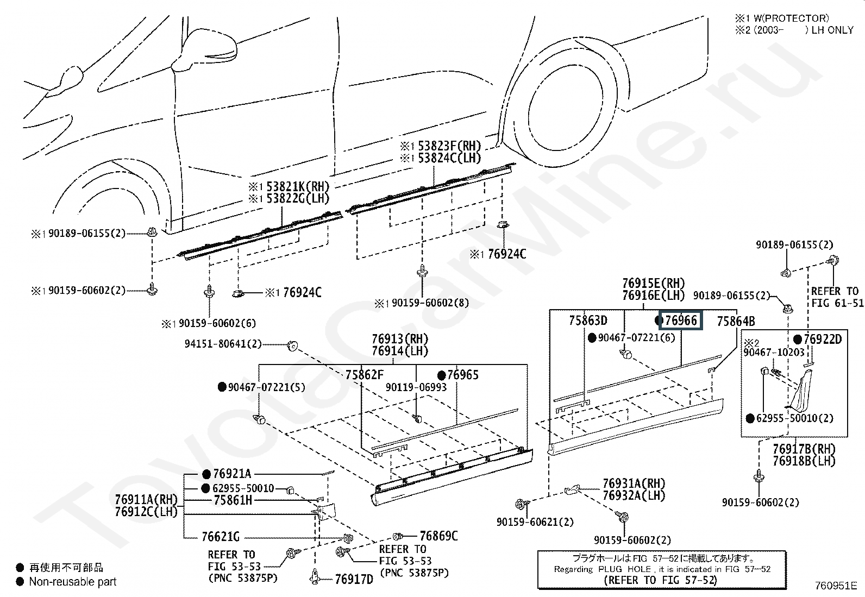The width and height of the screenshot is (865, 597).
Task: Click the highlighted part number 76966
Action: pyautogui.click(x=681, y=320)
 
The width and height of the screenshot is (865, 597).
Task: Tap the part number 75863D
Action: pyautogui.click(x=588, y=320)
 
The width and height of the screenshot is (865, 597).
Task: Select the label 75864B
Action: pyautogui.click(x=736, y=321)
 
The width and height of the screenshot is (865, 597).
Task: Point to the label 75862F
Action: pyautogui.click(x=365, y=375)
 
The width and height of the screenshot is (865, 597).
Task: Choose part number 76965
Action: pyautogui.click(x=462, y=375)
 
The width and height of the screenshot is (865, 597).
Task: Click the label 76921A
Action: pyautogui.click(x=232, y=474)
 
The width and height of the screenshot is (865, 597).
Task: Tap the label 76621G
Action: pyautogui.click(x=221, y=537)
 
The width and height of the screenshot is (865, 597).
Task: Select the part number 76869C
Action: pyautogui.click(x=438, y=536)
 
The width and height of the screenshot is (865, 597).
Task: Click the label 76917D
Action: pyautogui.click(x=354, y=579)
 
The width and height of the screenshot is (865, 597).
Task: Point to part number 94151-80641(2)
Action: pyautogui.click(x=223, y=344)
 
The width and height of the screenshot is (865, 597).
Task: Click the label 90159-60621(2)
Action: pyautogui.click(x=535, y=522)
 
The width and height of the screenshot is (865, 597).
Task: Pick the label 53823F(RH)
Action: pyautogui.click(x=449, y=146)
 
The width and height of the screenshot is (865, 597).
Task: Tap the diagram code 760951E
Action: pyautogui.click(x=836, y=586)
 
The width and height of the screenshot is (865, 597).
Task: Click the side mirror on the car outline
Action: pyautogui.click(x=205, y=49)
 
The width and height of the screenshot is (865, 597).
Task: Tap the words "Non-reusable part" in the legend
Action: pyautogui.click(x=73, y=582)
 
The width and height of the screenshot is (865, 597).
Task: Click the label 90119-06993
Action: pyautogui.click(x=416, y=387)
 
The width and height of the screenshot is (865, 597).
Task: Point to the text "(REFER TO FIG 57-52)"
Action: pyautogui.click(x=660, y=580)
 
